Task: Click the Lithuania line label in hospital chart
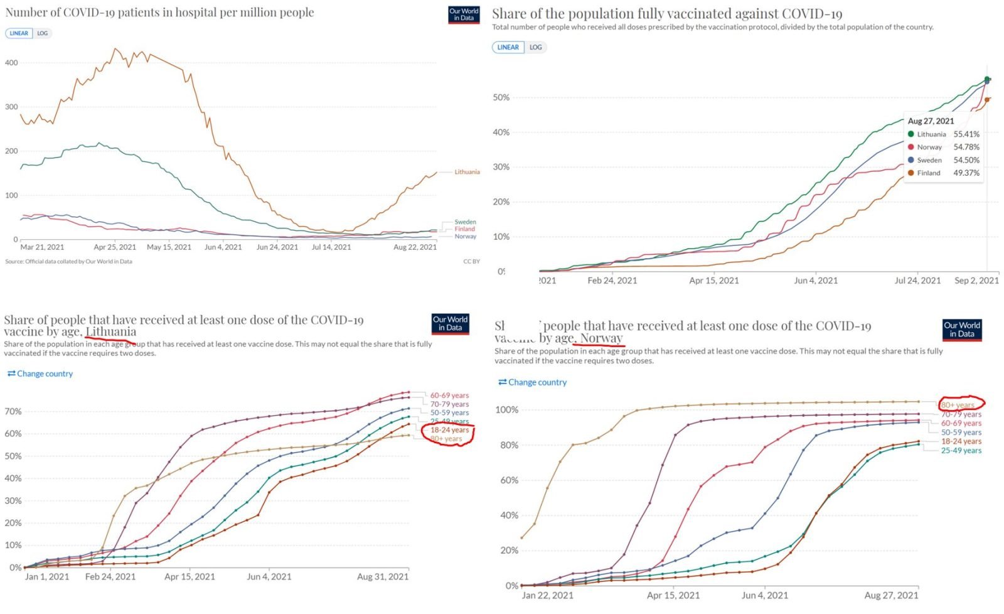tap(467, 172)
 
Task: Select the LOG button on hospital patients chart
tap(42, 33)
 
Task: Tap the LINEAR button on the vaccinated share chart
tap(508, 47)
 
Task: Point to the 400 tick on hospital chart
tap(11, 63)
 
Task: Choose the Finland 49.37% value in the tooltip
tap(966, 173)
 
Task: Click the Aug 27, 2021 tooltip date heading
tap(931, 121)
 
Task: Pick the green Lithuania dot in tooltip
tap(911, 134)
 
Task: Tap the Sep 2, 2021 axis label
tap(976, 281)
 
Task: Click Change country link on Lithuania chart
tap(40, 374)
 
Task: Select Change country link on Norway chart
tap(533, 382)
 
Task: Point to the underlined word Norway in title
tap(601, 338)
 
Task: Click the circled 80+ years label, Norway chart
tap(958, 405)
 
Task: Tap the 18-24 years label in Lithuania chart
tap(449, 430)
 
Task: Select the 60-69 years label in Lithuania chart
tap(449, 396)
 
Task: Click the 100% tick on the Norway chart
tap(507, 410)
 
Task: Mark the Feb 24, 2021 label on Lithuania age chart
tap(110, 577)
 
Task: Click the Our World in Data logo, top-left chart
tap(464, 14)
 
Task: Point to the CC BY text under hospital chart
tap(471, 262)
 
